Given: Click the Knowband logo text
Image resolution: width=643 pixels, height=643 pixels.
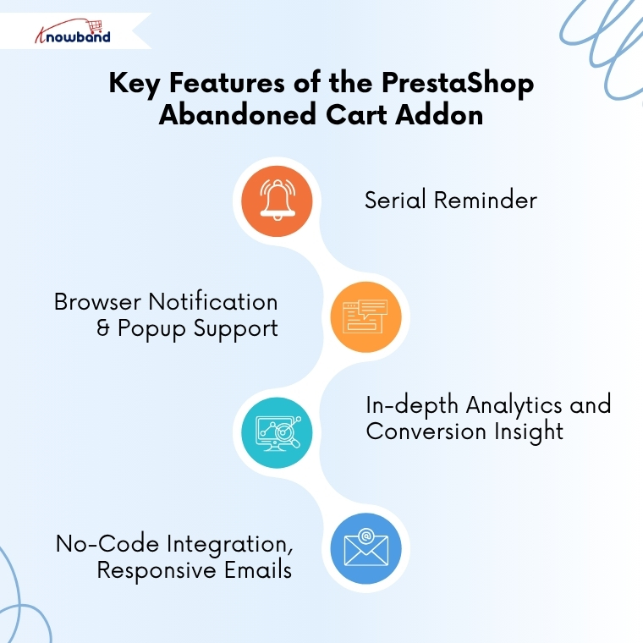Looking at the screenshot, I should (75, 36).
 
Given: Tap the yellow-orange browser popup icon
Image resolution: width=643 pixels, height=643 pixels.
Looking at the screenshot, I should (365, 316).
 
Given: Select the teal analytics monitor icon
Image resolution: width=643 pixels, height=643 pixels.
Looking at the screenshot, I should (277, 432).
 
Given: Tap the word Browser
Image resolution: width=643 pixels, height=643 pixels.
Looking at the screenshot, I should (97, 302).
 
